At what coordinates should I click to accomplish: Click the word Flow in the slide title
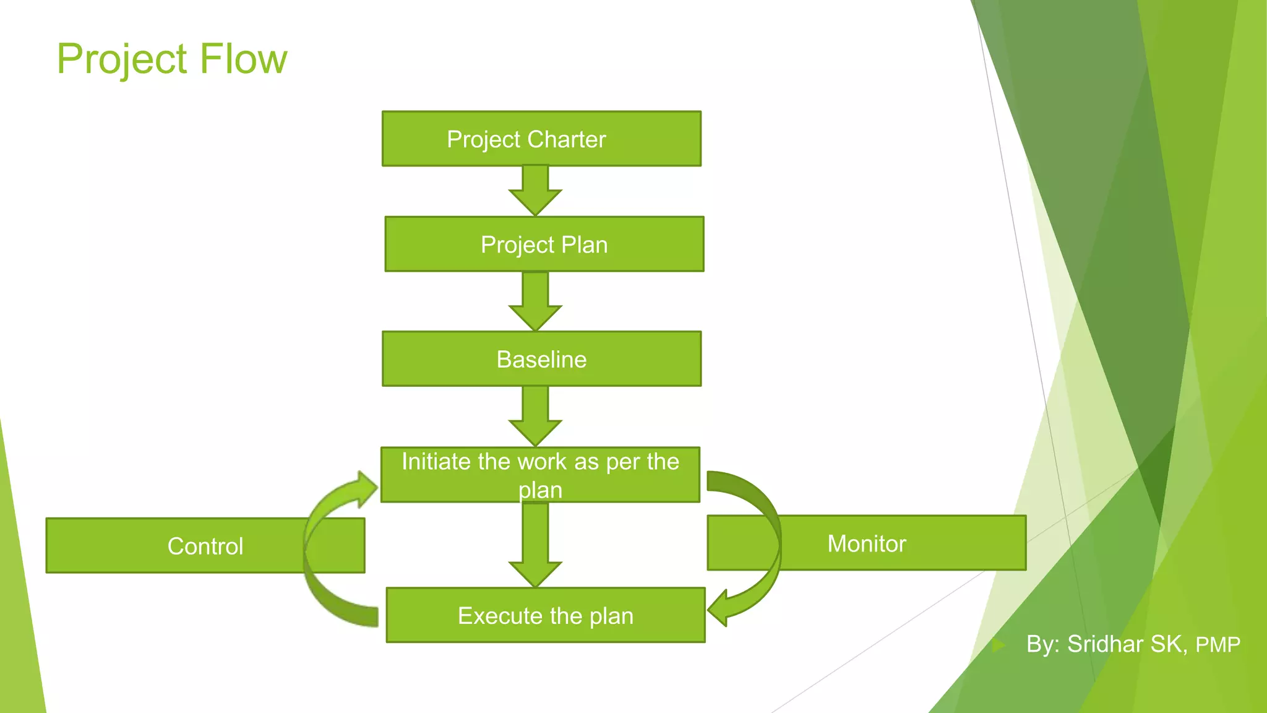tap(243, 59)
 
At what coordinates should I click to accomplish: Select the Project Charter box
tap(541, 139)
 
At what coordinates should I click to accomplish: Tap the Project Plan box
tap(544, 244)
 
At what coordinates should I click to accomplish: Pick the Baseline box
tap(541, 359)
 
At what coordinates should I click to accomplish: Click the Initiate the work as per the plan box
tap(540, 475)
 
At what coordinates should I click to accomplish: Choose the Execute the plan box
tap(545, 615)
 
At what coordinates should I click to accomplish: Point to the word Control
tap(205, 546)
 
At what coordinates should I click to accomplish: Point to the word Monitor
tap(866, 543)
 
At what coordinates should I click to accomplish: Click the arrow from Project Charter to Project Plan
tap(535, 191)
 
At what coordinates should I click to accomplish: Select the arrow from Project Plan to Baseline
tap(535, 302)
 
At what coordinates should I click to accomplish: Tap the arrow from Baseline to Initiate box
tap(535, 417)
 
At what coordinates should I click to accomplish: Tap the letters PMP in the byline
tap(1218, 645)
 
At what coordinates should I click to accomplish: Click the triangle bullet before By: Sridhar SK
tap(999, 645)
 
